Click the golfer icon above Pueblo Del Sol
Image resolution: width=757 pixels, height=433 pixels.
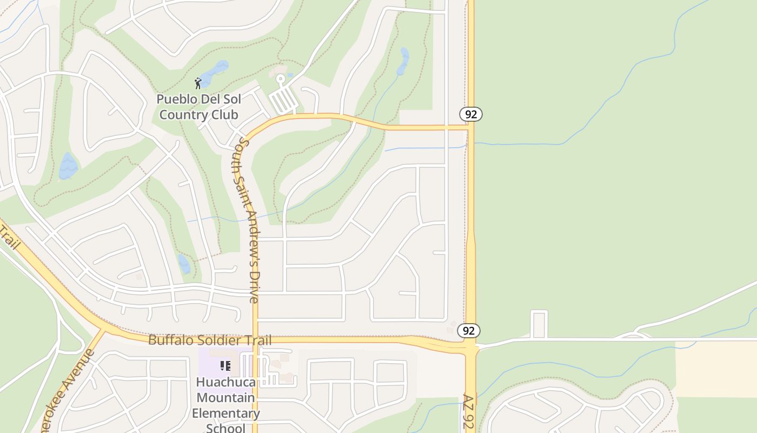198,83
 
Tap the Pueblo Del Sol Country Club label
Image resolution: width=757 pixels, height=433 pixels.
198,107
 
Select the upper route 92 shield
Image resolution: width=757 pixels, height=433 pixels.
470,114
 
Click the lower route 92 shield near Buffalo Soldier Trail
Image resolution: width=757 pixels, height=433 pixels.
468,331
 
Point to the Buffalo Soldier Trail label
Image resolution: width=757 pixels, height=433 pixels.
210,340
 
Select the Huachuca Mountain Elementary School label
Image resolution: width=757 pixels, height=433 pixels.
225,405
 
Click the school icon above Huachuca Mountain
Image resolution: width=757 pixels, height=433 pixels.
225,366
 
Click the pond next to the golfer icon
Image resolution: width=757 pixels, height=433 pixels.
214,73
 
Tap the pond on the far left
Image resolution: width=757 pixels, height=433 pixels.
68,166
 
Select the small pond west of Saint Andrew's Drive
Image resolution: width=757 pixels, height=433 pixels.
184,264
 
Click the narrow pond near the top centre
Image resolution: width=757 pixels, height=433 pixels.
403,61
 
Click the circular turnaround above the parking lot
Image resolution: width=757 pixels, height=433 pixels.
280,80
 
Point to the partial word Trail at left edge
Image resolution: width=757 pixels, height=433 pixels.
9,239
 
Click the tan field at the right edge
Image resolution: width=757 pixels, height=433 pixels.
716,369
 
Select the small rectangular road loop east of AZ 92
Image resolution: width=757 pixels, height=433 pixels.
539,324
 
